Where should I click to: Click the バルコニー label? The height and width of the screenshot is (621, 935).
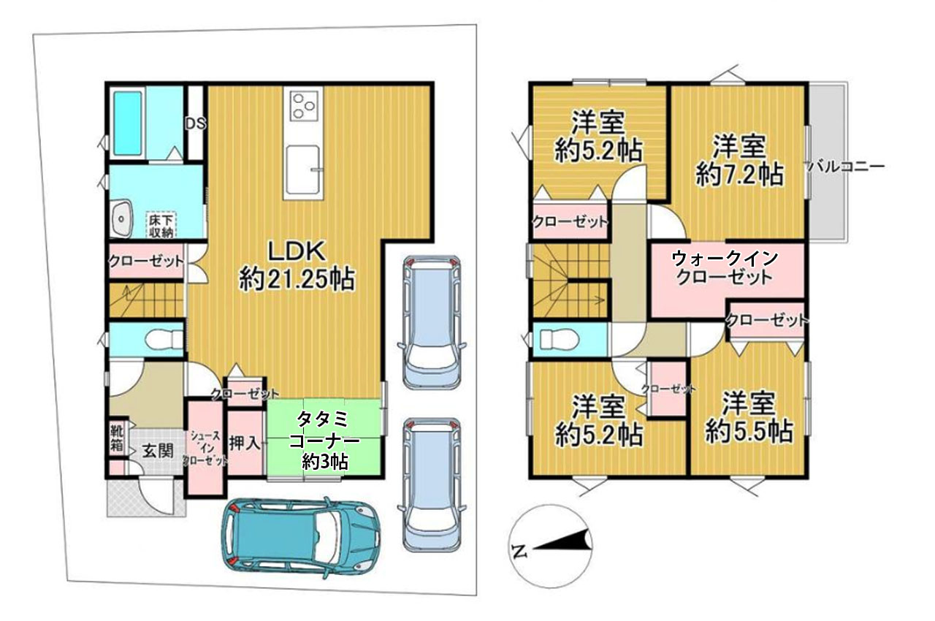[846, 167]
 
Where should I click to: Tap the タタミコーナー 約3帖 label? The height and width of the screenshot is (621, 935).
[325, 441]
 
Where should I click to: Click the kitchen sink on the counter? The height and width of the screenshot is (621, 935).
[302, 169]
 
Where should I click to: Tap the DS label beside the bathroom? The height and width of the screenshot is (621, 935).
[195, 123]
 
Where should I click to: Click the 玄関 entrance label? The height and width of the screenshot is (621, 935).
[156, 450]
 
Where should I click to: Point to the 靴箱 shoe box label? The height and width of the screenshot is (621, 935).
[117, 437]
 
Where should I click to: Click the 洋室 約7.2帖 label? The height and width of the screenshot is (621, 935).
[739, 160]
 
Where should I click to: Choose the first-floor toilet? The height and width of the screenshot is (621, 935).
[156, 340]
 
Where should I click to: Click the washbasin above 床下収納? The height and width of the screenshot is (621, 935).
[121, 218]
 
